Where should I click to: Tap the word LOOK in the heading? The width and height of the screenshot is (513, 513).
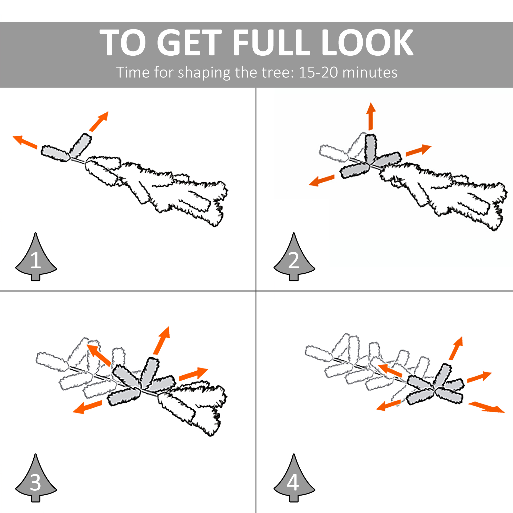tap(367, 43)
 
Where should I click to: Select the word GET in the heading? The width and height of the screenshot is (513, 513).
tap(189, 43)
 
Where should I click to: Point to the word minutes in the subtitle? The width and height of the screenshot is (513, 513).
tap(370, 72)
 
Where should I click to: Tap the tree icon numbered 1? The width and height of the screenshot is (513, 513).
tap(36, 256)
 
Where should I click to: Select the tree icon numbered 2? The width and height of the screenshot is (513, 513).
tap(294, 256)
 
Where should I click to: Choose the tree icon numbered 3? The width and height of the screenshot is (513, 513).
tap(36, 478)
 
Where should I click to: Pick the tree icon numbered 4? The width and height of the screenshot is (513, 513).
tap(294, 478)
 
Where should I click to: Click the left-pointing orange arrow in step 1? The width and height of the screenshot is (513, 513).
tap(25, 142)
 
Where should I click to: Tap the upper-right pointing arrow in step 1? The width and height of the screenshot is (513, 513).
tap(99, 121)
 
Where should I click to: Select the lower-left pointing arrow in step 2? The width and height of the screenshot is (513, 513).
tap(322, 180)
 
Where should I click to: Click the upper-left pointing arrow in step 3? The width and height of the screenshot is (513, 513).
tap(99, 355)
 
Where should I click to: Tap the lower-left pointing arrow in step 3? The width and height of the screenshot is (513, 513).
tap(88, 407)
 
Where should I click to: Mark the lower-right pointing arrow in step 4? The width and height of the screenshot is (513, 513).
tap(486, 407)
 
